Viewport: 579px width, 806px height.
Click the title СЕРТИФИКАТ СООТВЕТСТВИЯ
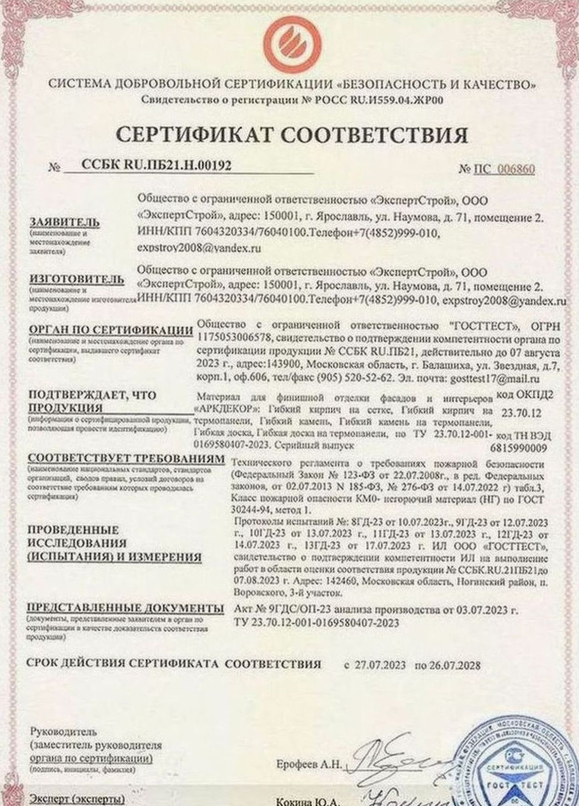[292, 135]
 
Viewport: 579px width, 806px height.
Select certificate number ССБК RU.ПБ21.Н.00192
[156, 165]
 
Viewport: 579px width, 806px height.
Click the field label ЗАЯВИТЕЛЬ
[64, 222]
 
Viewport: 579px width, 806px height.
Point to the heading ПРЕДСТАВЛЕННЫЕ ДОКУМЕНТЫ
[126, 608]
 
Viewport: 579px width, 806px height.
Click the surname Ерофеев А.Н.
[309, 764]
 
